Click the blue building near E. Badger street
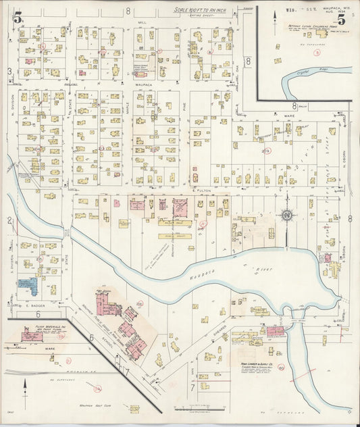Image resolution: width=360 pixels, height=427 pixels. (28, 285)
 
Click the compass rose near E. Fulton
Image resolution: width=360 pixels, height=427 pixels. (286, 216)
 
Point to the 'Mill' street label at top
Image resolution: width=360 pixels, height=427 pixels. (142, 22)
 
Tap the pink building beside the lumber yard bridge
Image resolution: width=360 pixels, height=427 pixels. (274, 331)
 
